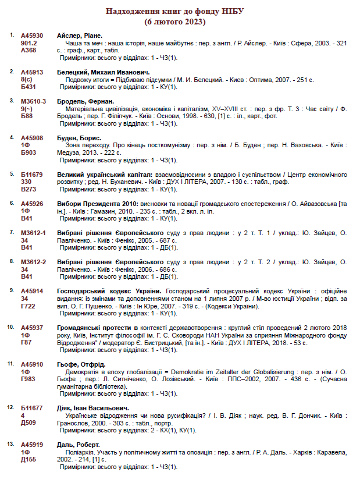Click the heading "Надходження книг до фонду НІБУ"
click(175, 12)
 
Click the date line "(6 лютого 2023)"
click(175, 22)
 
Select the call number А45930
click(32, 35)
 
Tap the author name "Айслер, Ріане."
click(80, 35)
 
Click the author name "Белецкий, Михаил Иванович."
click(95, 72)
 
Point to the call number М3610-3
click(34, 101)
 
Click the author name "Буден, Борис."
click(79, 138)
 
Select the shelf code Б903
click(28, 153)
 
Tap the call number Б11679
click(32, 175)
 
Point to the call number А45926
click(32, 203)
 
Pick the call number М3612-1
click(34, 232)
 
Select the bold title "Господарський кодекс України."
click(109, 290)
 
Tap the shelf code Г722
click(28, 306)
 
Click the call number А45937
click(32, 328)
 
